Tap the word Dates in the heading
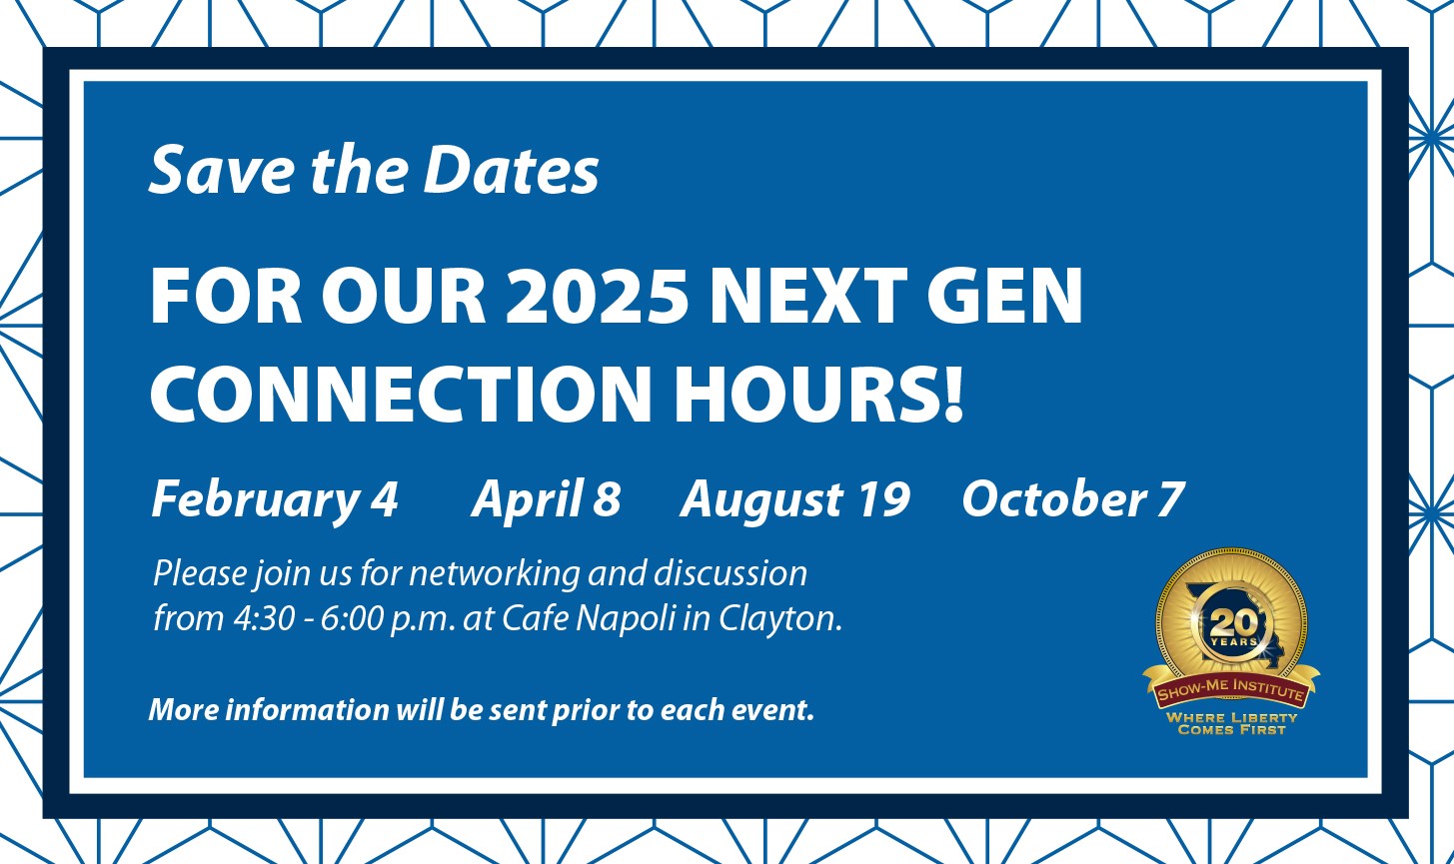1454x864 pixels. (511, 170)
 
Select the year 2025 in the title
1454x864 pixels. (597, 295)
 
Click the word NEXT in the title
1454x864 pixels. (808, 295)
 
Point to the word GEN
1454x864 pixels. (1005, 295)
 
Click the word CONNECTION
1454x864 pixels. (401, 394)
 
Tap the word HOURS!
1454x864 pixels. (818, 394)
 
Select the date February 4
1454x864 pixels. (275, 500)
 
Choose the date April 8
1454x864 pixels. (546, 500)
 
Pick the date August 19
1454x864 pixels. (795, 500)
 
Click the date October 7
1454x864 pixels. (1073, 499)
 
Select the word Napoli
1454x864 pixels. (626, 619)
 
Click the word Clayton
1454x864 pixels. (780, 619)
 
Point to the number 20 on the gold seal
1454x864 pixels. (1233, 623)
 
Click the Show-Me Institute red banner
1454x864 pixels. (1231, 689)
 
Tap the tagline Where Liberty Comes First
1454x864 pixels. (1231, 724)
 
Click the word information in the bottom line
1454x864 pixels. (307, 709)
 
